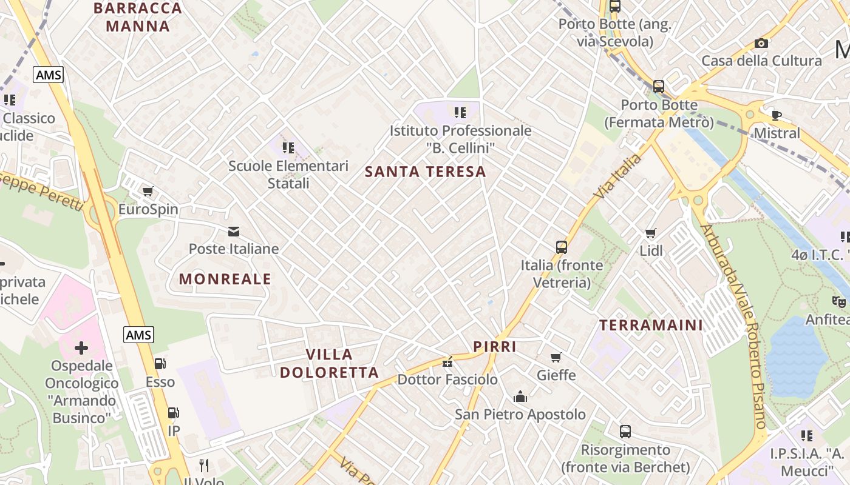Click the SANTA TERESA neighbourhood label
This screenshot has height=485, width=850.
(425, 172)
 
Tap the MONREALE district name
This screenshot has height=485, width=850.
(225, 279)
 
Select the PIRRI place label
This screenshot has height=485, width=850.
(494, 347)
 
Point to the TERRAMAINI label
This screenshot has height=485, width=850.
(651, 325)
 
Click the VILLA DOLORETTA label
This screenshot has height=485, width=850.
(329, 363)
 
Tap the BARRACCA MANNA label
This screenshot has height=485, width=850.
(138, 17)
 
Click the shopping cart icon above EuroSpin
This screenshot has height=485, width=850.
(148, 192)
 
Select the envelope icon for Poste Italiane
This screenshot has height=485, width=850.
(233, 231)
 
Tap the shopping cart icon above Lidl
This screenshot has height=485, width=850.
(651, 233)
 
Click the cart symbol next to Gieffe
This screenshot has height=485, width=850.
(556, 358)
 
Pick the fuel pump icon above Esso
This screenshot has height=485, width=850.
(160, 364)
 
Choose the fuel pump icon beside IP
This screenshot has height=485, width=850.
(173, 413)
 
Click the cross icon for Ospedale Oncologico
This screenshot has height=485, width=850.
(81, 348)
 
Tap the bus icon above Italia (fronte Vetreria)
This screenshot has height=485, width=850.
(562, 247)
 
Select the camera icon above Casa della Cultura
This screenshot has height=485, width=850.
(761, 43)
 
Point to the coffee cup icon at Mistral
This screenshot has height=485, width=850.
(776, 115)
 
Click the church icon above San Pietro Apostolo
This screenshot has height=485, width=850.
(520, 396)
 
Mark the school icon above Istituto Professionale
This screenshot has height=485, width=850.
(460, 112)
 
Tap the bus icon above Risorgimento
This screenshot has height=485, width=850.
(625, 432)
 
